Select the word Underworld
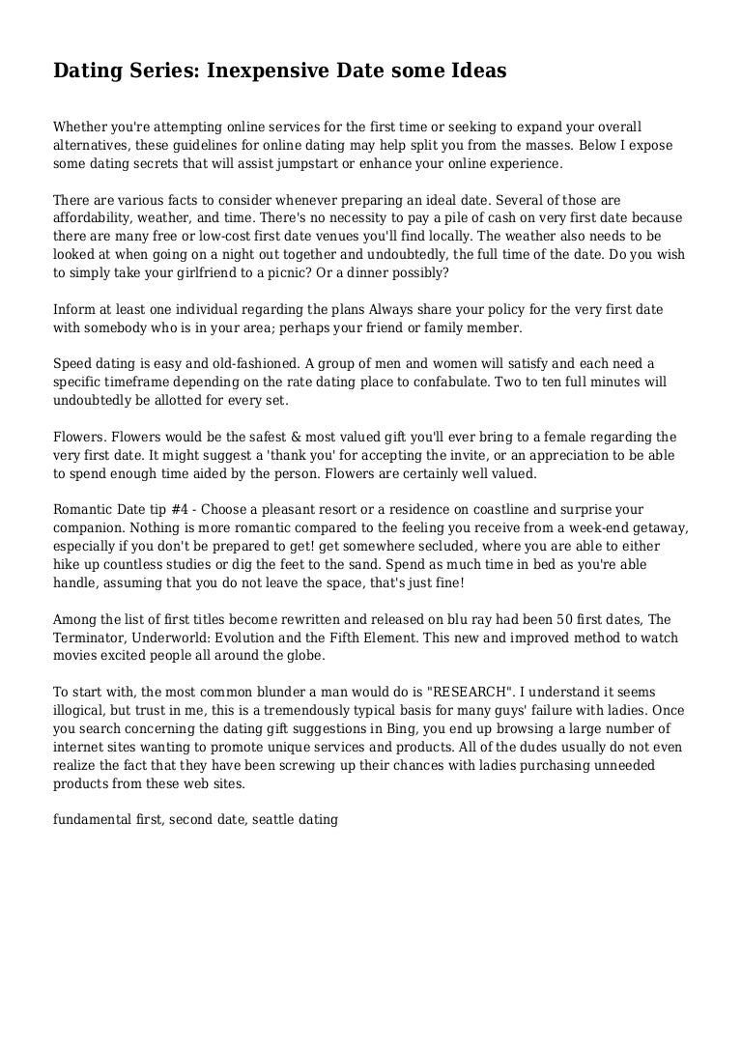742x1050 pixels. tap(188, 638)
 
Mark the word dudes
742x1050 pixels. tap(528, 747)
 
